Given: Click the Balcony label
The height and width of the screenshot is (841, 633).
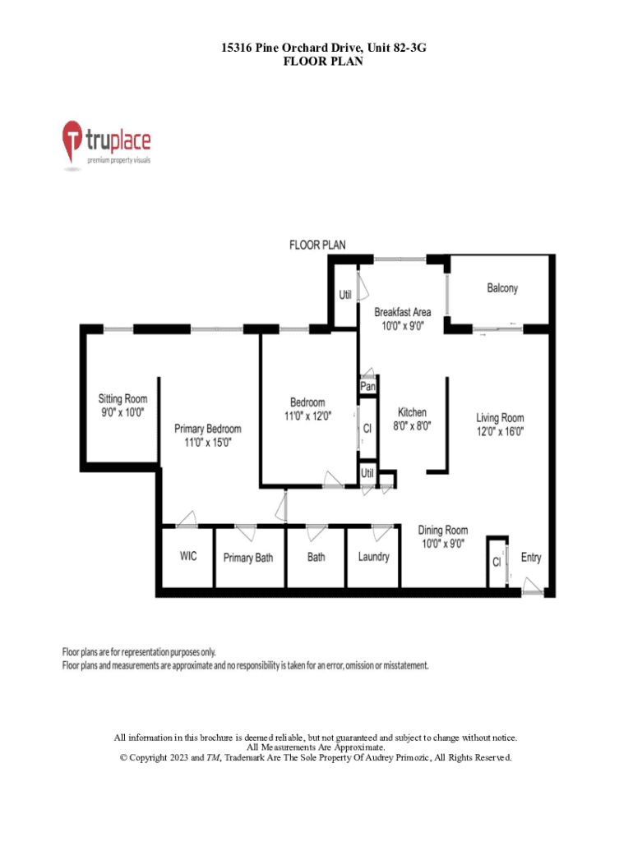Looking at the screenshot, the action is [x=502, y=288].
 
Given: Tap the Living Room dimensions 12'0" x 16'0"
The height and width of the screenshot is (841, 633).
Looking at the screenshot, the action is [x=500, y=431].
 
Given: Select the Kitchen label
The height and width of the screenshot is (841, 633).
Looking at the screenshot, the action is [x=412, y=412].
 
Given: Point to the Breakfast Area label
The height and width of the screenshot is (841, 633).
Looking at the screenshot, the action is [x=402, y=311].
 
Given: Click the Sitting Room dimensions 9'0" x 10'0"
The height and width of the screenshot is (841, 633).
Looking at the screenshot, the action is [x=122, y=412].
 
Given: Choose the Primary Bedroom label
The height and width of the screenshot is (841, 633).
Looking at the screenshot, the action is [x=207, y=429].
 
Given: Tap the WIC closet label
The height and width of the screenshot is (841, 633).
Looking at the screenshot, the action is [x=188, y=556].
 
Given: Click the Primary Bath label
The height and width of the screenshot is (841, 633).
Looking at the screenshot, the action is [x=248, y=558].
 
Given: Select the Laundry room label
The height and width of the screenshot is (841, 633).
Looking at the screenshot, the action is [x=374, y=557].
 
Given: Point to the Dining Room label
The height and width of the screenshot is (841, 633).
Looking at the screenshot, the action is [x=442, y=530].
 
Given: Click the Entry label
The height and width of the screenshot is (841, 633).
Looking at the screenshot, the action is [x=530, y=558].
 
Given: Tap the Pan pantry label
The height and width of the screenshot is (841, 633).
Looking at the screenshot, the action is [x=367, y=386].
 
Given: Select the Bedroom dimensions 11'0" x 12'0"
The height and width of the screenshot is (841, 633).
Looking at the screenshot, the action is [x=307, y=416].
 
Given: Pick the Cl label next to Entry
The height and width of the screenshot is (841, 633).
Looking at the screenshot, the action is [x=497, y=562].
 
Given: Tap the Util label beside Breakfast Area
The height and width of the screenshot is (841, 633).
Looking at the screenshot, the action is [x=345, y=295].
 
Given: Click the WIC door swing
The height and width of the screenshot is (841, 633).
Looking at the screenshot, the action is [x=187, y=519].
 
